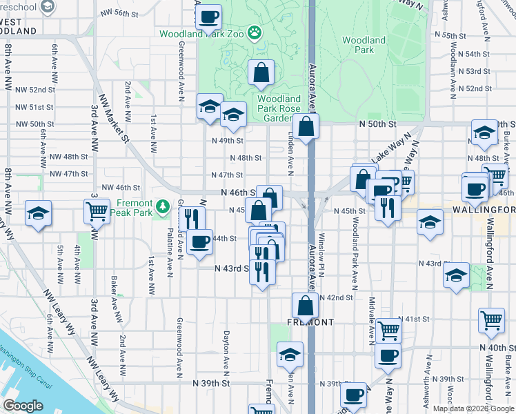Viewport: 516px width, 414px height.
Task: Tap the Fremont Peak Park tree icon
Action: point(162,206)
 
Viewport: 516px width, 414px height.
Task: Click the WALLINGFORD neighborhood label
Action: point(491,210)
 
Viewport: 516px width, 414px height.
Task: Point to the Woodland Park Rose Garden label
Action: point(279,108)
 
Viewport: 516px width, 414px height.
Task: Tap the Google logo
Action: point(23,406)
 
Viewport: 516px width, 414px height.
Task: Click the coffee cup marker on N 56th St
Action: point(208,17)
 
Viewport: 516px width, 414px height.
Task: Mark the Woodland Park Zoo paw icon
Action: point(255,32)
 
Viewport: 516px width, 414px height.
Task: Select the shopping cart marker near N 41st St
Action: point(390,330)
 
